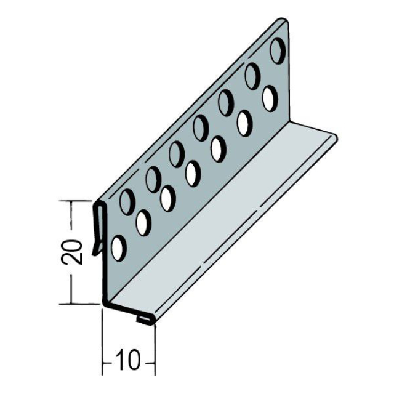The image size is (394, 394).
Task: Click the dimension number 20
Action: point(73,252)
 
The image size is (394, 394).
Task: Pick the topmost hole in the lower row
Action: point(270,98)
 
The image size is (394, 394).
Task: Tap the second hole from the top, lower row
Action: point(244,123)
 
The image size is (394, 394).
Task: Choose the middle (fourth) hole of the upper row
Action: point(201,127)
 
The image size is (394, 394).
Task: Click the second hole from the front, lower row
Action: point(143,223)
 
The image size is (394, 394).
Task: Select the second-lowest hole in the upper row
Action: point(152,179)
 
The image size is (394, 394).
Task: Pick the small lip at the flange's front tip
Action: point(143,320)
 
